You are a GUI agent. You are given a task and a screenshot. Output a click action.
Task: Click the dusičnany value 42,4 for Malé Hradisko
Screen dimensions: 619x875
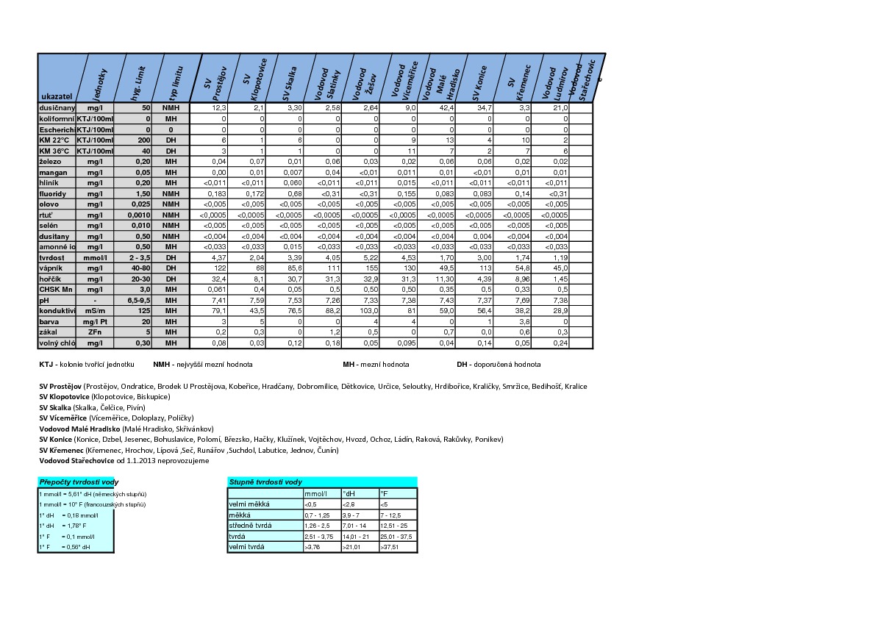coord(447,108)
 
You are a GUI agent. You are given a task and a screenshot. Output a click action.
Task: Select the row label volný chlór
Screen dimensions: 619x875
coord(57,343)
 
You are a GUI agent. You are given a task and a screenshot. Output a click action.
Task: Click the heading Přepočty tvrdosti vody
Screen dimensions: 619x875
coord(79,482)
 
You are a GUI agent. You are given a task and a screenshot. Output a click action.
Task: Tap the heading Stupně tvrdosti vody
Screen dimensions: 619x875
coord(265,482)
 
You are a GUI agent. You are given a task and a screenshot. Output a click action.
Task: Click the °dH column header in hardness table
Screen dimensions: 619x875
coord(349,493)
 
